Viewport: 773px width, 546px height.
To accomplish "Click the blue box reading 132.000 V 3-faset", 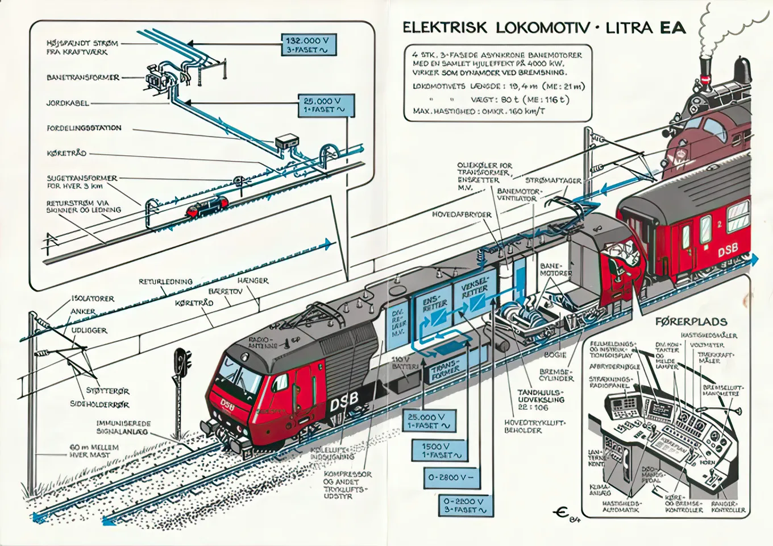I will (x=307, y=45).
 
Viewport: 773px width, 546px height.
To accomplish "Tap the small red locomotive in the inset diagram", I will (x=207, y=206).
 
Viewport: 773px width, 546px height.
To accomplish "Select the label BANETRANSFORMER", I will (x=83, y=77).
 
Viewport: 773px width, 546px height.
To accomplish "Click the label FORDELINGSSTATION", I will (x=84, y=128).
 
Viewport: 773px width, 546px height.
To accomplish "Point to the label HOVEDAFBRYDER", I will (x=462, y=214).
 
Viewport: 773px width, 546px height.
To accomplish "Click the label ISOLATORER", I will (x=93, y=299).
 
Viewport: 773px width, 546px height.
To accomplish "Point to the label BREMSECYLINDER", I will (x=556, y=375).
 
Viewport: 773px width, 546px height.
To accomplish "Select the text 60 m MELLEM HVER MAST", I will (x=94, y=451).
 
